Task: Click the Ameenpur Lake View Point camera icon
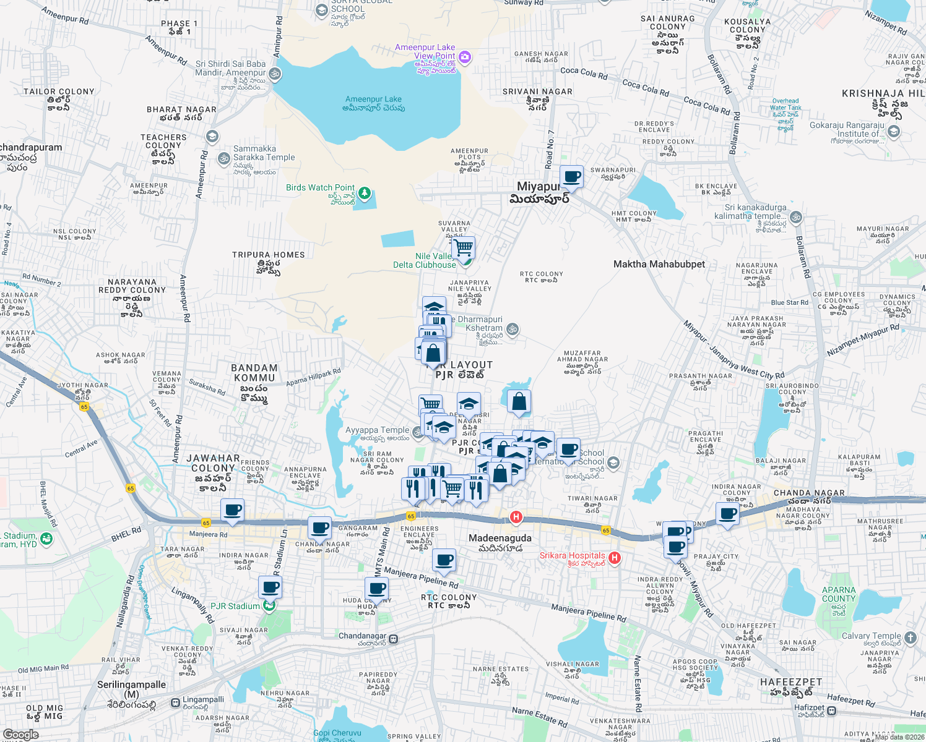pyautogui.click(x=465, y=58)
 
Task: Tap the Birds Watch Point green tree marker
pyautogui.click(x=365, y=194)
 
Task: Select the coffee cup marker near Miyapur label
pyautogui.click(x=572, y=177)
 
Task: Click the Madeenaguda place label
pyautogui.click(x=500, y=538)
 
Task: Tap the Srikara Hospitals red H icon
pyautogui.click(x=614, y=558)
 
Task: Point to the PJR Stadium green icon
pyautogui.click(x=269, y=606)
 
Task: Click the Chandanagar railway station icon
pyautogui.click(x=394, y=639)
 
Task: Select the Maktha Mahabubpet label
pyautogui.click(x=659, y=264)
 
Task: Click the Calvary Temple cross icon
pyautogui.click(x=910, y=637)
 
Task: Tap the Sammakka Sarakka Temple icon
pyautogui.click(x=224, y=158)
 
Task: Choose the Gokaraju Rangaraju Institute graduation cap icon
pyautogui.click(x=893, y=131)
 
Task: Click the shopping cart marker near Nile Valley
pyautogui.click(x=463, y=249)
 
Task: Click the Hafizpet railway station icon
pyautogui.click(x=832, y=710)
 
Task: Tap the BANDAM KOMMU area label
pyautogui.click(x=254, y=373)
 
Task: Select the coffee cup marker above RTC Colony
pyautogui.click(x=444, y=561)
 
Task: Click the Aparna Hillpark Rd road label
pyautogui.click(x=313, y=378)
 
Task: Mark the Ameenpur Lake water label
pyautogui.click(x=373, y=99)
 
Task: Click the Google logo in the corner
pyautogui.click(x=20, y=734)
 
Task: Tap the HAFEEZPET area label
pyautogui.click(x=791, y=682)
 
